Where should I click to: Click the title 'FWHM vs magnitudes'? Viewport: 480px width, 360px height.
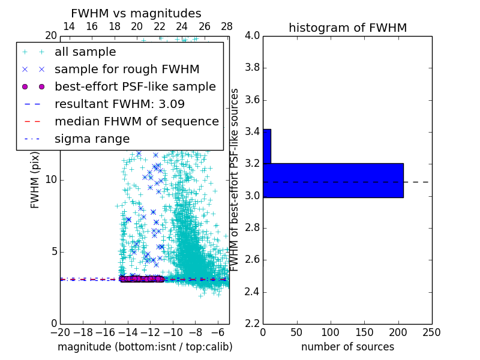point(136,13)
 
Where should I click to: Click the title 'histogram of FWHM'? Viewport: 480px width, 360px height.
point(347,28)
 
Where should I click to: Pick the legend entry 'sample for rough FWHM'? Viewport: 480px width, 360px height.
point(127,70)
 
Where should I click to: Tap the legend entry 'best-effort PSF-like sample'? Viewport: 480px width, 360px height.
point(135,87)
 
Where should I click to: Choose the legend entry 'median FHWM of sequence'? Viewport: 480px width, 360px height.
point(136,122)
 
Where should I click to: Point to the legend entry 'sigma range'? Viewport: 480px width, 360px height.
point(92,139)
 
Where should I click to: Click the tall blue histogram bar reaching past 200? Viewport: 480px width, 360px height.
point(333,180)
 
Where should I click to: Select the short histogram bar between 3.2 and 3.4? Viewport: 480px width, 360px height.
point(267,146)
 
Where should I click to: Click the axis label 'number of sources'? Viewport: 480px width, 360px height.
point(347,347)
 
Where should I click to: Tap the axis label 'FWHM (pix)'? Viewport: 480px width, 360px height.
point(35,179)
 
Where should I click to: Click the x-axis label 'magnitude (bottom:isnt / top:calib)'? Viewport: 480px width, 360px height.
point(145,347)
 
